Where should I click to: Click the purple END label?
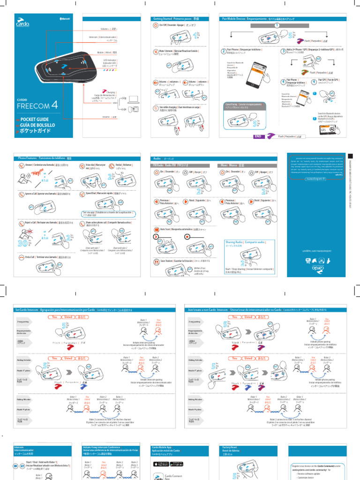pyautogui.click(x=258, y=136)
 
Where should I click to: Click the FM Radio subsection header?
pyautogui.click(x=168, y=165)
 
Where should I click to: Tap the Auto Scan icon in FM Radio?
pyautogui.click(x=156, y=230)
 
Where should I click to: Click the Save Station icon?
pyautogui.click(x=156, y=260)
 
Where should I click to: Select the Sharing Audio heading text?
pyautogui.click(x=246, y=242)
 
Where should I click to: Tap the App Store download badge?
pyautogui.click(x=160, y=464)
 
